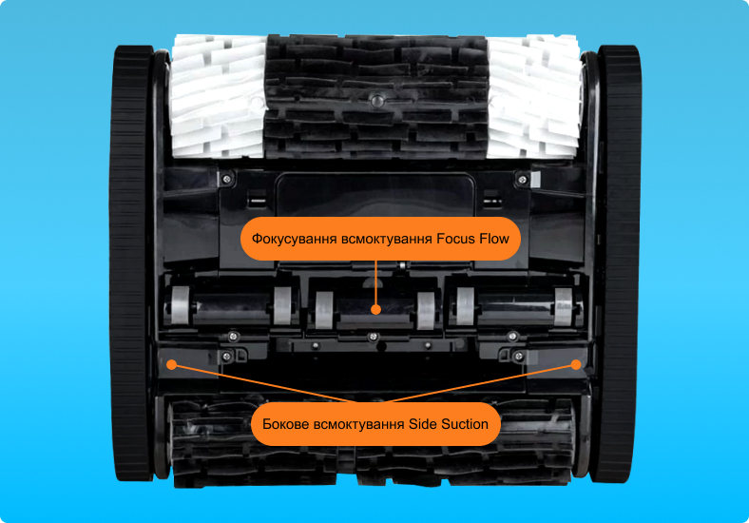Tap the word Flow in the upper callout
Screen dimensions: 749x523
click(495, 239)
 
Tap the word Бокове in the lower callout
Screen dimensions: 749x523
click(286, 424)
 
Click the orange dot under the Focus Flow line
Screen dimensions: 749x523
click(376, 310)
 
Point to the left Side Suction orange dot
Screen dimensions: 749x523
click(171, 365)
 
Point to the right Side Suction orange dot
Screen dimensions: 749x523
click(576, 365)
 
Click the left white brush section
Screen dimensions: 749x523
click(218, 96)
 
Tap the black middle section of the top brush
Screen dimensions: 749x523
click(376, 96)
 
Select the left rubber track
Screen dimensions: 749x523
click(130, 263)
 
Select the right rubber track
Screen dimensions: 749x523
click(617, 263)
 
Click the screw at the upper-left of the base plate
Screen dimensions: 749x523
click(227, 180)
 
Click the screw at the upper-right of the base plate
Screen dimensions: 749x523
click(523, 180)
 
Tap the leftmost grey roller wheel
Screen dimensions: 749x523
click(180, 306)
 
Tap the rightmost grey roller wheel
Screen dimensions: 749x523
click(564, 306)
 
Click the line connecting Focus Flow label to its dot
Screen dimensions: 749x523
click(376, 282)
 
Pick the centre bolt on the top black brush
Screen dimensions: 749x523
click(377, 101)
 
